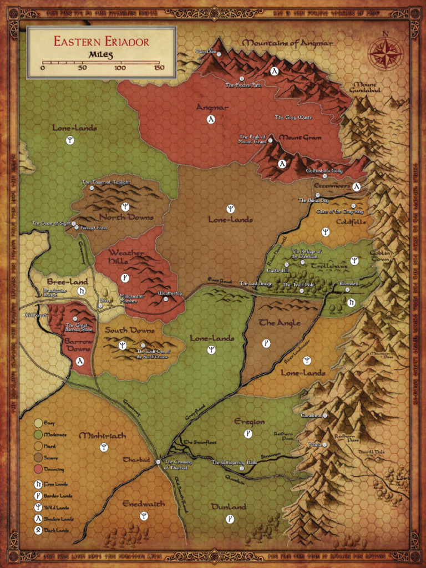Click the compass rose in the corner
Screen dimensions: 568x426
click(385, 54)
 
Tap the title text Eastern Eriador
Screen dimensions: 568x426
click(101, 41)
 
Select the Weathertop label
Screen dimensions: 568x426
click(170, 292)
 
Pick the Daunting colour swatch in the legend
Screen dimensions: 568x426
click(38, 469)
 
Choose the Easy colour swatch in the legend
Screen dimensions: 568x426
click(38, 423)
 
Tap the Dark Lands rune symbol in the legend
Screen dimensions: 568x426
click(38, 530)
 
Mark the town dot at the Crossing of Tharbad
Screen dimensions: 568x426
click(158, 461)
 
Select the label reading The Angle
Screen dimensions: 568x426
click(280, 323)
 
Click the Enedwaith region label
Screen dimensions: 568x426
click(144, 504)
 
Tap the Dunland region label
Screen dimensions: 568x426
click(229, 507)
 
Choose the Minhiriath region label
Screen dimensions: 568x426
click(103, 436)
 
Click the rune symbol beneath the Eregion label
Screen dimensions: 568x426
click(248, 433)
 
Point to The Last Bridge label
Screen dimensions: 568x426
click(256, 284)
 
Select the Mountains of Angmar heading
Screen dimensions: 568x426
click(287, 43)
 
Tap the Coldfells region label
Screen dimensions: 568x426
click(351, 222)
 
